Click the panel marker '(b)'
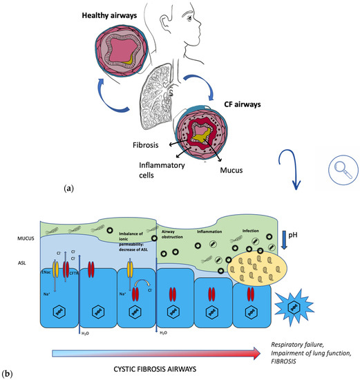coord(10,374)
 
